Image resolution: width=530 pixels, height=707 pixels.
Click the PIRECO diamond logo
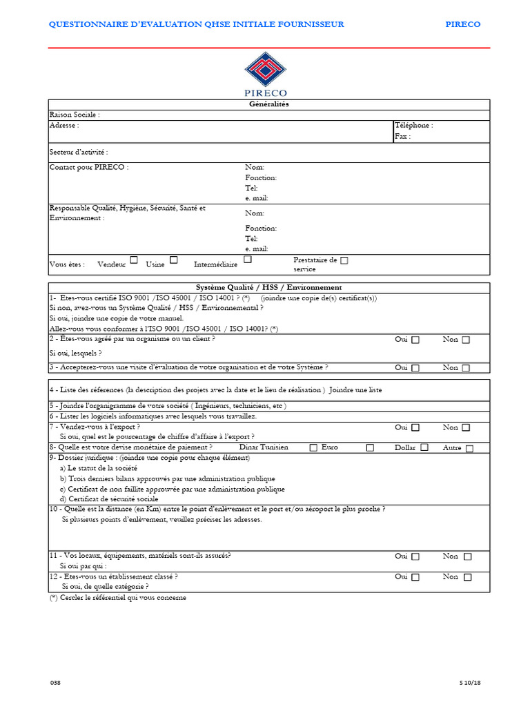click(266, 70)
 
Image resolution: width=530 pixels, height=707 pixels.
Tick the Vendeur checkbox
click(134, 260)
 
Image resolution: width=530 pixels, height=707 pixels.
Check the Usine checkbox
click(174, 260)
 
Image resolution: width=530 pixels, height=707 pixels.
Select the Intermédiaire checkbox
click(248, 260)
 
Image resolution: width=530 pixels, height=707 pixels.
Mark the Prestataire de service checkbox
click(344, 261)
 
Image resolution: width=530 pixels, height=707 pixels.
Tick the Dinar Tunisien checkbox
click(314, 447)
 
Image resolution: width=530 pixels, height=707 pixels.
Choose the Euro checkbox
click(370, 447)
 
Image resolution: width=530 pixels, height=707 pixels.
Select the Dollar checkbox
click(424, 447)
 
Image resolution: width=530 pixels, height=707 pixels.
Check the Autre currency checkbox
click(469, 448)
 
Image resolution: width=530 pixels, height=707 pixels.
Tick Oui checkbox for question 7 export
click(415, 428)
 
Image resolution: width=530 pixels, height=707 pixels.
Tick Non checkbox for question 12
click(467, 577)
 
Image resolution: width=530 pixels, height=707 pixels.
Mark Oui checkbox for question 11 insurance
click(415, 556)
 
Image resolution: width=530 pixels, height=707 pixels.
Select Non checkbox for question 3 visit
click(466, 368)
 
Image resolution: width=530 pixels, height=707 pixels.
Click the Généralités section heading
click(269, 104)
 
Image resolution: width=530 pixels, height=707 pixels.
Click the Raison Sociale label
click(74, 115)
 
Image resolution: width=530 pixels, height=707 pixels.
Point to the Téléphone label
click(413, 126)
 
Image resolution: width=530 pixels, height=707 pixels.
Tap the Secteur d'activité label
click(78, 152)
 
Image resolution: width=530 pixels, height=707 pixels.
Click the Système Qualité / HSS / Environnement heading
click(269, 287)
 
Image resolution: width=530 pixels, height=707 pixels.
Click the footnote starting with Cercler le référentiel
click(117, 597)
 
